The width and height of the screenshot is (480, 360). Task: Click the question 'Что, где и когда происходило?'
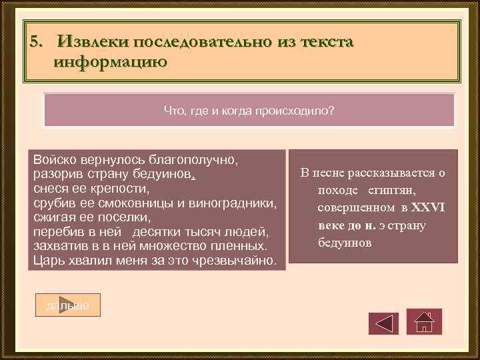click(x=249, y=111)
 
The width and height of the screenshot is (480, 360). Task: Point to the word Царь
click(x=49, y=259)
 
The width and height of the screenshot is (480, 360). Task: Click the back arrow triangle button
click(x=383, y=323)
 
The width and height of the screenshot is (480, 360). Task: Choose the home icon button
click(x=424, y=323)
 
